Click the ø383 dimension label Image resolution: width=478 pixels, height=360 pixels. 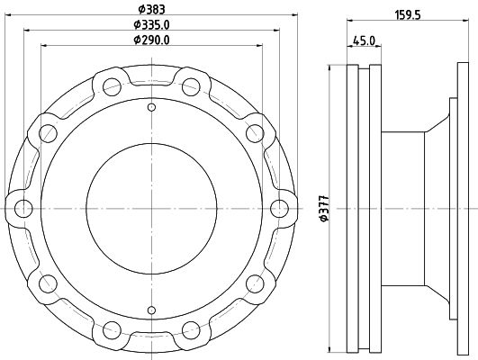[x=151, y=9]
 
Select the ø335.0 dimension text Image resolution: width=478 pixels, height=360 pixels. [x=151, y=24]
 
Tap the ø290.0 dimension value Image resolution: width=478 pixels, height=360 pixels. [x=151, y=40]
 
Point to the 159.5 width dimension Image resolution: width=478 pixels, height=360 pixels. [x=408, y=15]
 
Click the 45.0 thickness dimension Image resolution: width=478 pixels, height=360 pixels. [x=364, y=40]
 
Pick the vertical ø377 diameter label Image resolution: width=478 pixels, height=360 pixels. [x=324, y=209]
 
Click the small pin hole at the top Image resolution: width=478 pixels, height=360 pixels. [x=151, y=107]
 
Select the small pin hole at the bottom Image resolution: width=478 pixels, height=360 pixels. [x=151, y=310]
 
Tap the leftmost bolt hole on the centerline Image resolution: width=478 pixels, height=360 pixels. [x=23, y=209]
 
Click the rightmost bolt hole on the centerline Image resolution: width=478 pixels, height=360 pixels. [x=280, y=209]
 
